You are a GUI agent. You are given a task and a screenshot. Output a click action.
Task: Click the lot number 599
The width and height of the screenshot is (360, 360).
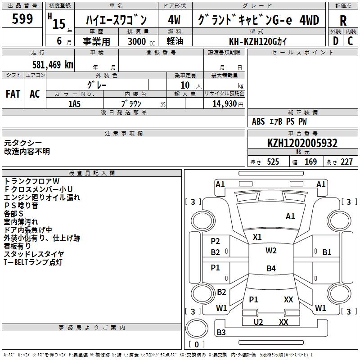[x=22, y=19]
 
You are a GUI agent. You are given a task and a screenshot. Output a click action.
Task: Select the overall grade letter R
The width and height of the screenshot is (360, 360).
[x=343, y=21]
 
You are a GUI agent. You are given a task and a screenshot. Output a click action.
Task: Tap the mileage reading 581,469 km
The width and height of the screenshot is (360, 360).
[x=53, y=64]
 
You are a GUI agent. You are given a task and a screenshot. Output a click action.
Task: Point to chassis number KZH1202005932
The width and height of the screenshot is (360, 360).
[x=302, y=144]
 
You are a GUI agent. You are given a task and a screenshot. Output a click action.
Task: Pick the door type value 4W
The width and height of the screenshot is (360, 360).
[x=174, y=21]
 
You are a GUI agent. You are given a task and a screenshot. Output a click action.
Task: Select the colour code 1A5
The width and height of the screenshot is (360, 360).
[x=75, y=103]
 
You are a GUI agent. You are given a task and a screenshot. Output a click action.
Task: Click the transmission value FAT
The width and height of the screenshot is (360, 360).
[x=13, y=94]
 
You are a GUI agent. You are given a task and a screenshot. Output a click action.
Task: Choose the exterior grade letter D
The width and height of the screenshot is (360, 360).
[x=335, y=41]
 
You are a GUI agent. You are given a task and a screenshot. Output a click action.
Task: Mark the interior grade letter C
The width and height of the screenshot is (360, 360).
[x=350, y=41]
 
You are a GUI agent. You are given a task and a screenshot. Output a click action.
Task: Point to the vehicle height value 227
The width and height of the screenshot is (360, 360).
[x=346, y=162]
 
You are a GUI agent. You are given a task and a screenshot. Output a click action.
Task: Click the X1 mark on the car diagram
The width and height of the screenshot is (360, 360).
[x=257, y=237]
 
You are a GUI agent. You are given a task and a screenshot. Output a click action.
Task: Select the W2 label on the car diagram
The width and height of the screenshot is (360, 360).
[x=271, y=251]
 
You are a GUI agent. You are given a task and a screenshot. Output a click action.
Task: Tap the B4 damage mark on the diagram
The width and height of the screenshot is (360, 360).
[x=271, y=269]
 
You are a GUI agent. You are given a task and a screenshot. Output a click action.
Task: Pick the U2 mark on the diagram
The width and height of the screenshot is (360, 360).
[x=258, y=322]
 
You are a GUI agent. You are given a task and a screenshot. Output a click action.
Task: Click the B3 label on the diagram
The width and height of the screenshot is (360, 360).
[x=221, y=333]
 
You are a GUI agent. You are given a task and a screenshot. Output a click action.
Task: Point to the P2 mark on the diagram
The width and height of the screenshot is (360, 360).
[x=216, y=241]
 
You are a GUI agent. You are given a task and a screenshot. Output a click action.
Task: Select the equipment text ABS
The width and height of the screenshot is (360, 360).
[x=258, y=121]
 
